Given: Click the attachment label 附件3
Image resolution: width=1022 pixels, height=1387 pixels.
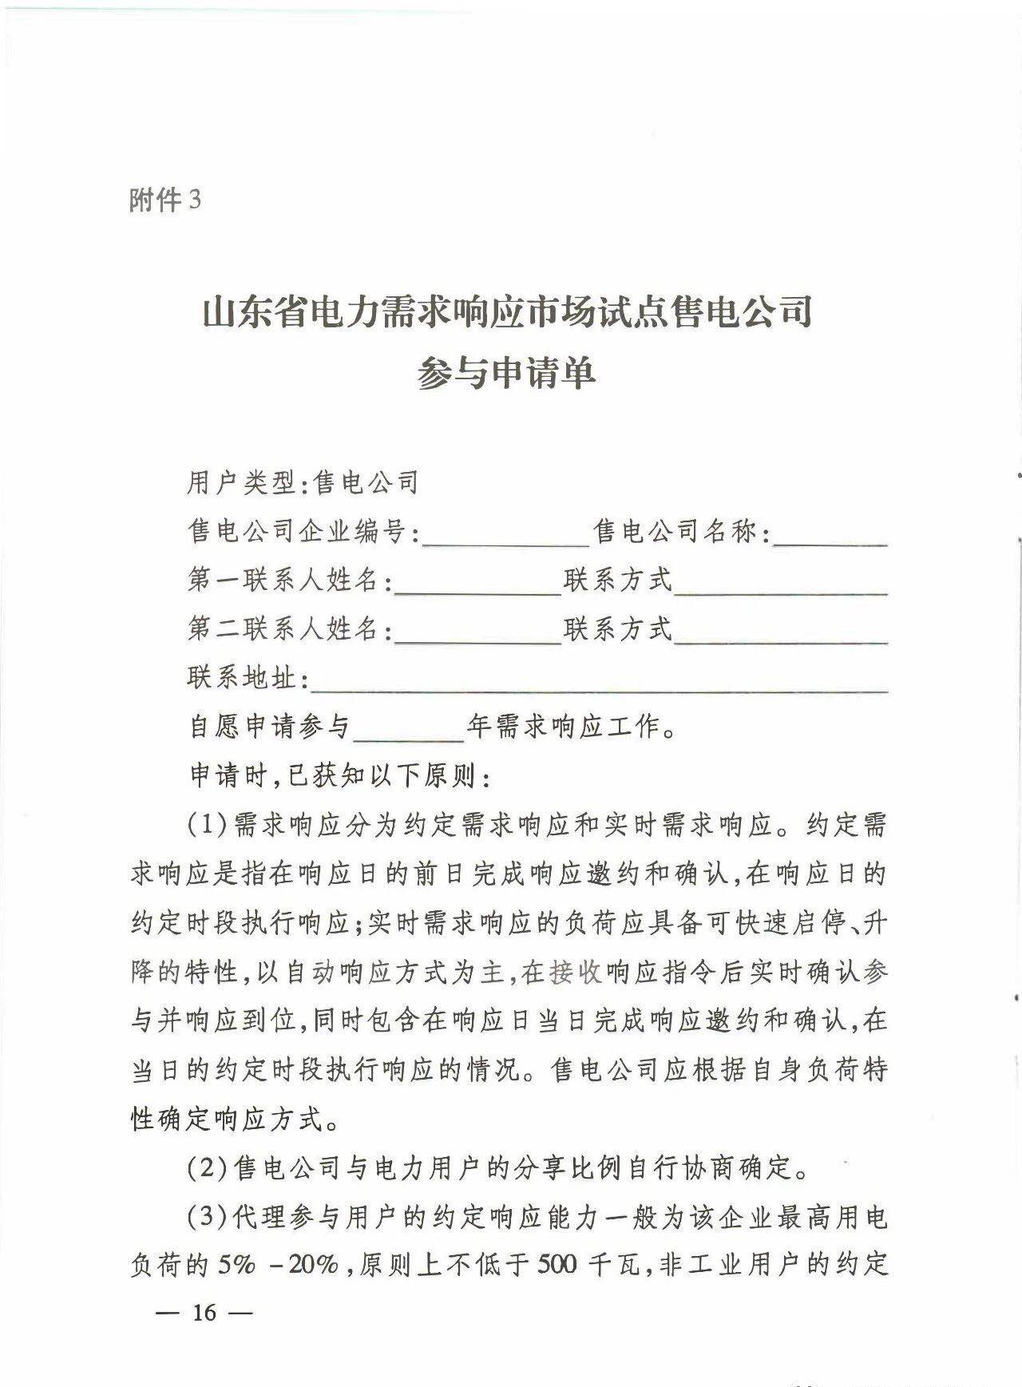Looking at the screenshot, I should pyautogui.click(x=165, y=200).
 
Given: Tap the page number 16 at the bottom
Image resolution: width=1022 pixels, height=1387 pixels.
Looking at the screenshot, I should pyautogui.click(x=204, y=1313).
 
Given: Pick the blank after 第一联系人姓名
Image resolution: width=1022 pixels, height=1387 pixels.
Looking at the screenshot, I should pyautogui.click(x=478, y=583).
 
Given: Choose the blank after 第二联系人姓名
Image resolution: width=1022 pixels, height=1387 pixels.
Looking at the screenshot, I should pyautogui.click(x=478, y=632).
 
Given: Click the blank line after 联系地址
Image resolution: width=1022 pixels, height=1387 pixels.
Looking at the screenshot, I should pyautogui.click(x=600, y=680).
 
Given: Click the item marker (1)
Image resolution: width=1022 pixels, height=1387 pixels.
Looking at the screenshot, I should pyautogui.click(x=209, y=826).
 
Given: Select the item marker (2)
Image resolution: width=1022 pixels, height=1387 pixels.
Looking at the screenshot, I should pyautogui.click(x=209, y=1170).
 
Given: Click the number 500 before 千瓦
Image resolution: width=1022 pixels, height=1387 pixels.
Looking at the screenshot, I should pyautogui.click(x=557, y=1266).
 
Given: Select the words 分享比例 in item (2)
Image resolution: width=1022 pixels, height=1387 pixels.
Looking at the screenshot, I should pyautogui.click(x=552, y=1170).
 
